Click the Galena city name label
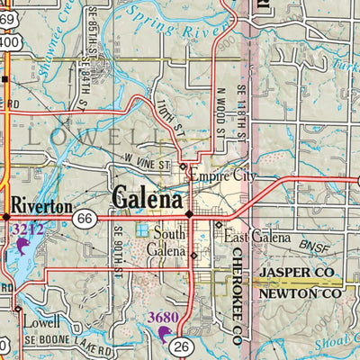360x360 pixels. [148, 197]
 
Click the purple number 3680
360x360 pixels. [162, 317]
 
